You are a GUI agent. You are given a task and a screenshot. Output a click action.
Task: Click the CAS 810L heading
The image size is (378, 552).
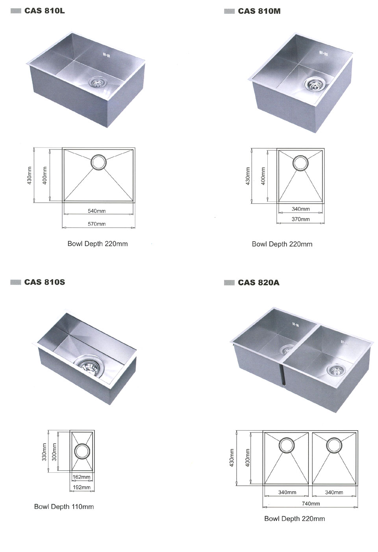[44, 11]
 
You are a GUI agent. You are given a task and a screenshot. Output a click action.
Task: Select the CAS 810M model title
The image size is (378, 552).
[259, 11]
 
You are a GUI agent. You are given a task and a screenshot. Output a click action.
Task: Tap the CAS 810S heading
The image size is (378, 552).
[44, 282]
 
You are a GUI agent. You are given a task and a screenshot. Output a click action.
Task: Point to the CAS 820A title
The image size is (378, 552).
[259, 282]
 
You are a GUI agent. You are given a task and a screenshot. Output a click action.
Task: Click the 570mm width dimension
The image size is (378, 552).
[97, 224]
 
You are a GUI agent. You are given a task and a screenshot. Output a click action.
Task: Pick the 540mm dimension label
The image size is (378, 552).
[97, 211]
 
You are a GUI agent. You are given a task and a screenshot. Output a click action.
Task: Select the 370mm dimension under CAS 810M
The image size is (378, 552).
[301, 219]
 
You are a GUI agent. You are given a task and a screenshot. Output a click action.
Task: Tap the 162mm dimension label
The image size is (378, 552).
[82, 477]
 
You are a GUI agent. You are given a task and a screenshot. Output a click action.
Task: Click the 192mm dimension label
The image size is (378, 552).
[82, 487]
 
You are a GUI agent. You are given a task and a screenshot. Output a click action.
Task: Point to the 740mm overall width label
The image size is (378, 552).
[311, 504]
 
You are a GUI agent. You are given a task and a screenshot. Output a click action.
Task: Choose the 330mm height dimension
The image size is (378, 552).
[44, 452]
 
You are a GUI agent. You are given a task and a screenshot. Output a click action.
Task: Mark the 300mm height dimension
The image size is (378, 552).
[54, 452]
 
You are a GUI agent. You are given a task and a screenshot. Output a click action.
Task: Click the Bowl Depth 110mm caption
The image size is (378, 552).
[64, 507]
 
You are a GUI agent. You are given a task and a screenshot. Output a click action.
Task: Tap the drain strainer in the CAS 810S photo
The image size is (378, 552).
[89, 365]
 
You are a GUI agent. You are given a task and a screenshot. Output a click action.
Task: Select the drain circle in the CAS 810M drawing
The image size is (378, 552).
[300, 163]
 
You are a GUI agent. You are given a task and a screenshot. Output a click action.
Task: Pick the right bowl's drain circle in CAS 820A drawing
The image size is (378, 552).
[334, 445]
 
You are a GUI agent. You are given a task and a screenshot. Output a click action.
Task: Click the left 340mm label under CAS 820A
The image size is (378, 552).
[287, 492]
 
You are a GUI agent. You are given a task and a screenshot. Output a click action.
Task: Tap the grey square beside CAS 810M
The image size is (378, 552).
[229, 11]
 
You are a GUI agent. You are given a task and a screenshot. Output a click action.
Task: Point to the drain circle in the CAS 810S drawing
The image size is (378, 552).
[82, 451]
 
